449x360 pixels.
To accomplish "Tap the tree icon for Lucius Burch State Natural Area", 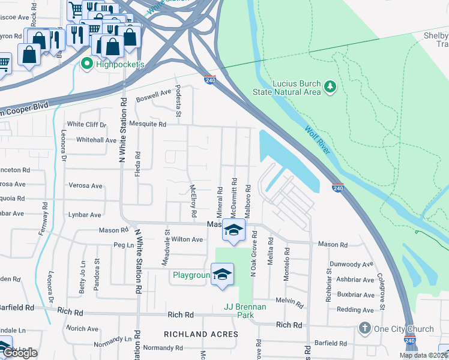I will [330, 88].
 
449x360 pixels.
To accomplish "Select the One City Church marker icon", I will [364, 328].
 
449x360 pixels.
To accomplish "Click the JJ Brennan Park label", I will [244, 307].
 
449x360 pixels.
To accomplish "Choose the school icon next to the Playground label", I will [223, 274].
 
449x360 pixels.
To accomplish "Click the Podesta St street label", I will [178, 97].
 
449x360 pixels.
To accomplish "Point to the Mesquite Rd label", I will [146, 124].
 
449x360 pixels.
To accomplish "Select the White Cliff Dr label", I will [86, 125].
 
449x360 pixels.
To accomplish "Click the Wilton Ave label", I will [187, 239].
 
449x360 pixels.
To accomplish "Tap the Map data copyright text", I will [424, 355].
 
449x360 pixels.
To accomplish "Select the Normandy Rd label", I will [163, 348].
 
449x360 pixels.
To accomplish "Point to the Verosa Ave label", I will [85, 185].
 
